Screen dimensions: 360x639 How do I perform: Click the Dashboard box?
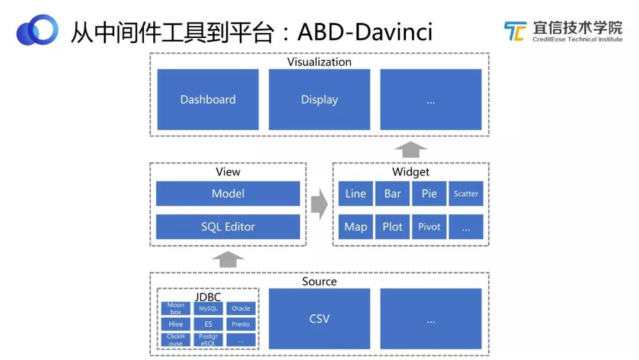click(x=208, y=99)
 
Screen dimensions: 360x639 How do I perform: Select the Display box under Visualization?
click(x=319, y=99)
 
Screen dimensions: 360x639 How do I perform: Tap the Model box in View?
click(x=228, y=194)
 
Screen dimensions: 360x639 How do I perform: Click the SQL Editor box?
click(x=228, y=227)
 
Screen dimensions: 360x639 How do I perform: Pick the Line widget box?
click(x=356, y=194)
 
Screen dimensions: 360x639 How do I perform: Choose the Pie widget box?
click(x=429, y=194)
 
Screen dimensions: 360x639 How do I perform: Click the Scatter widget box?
click(x=466, y=194)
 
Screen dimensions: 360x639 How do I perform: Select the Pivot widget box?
click(x=429, y=227)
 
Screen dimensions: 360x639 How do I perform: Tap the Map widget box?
click(x=356, y=227)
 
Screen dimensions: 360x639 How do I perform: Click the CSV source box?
click(x=319, y=319)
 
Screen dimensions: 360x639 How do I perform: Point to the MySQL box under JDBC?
click(x=208, y=308)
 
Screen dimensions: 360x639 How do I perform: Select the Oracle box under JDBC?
click(x=241, y=308)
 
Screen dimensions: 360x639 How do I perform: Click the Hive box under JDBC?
click(x=176, y=324)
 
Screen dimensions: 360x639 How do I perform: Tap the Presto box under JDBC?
click(x=241, y=324)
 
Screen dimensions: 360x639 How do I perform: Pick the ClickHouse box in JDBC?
click(x=176, y=340)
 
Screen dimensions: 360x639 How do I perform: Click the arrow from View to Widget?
click(x=319, y=204)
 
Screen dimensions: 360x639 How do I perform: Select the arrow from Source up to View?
click(x=228, y=259)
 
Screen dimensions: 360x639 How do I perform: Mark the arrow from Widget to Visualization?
click(x=410, y=149)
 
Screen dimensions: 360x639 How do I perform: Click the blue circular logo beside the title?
click(x=37, y=30)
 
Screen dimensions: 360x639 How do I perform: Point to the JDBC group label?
click(x=208, y=297)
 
